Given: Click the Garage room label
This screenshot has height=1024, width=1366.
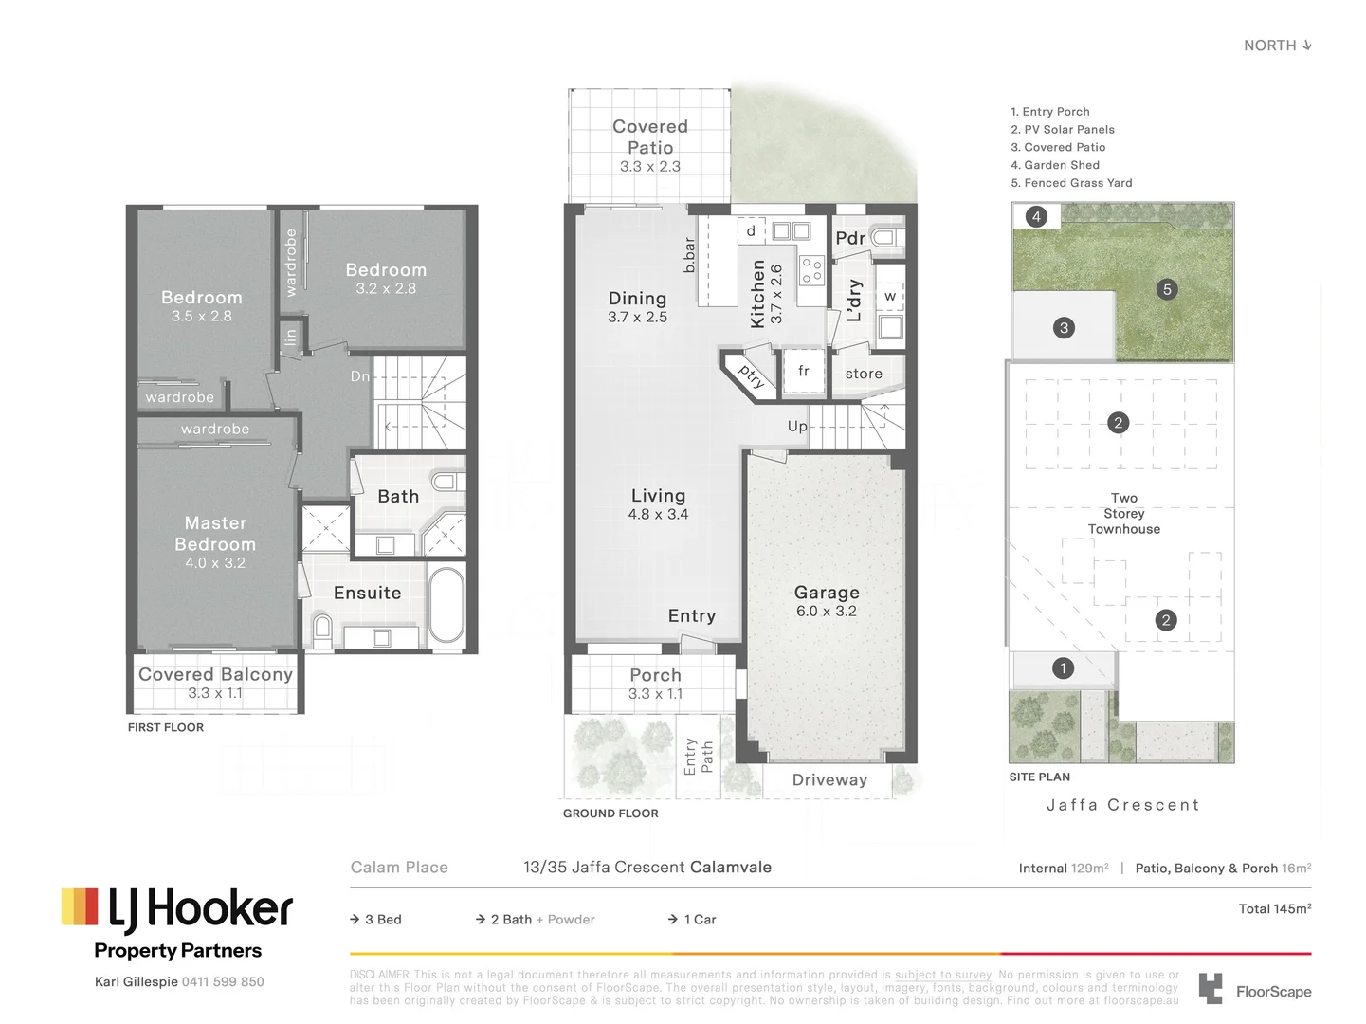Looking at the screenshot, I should pos(827,593).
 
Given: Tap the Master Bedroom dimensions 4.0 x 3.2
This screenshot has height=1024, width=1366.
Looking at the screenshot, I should pos(215,563).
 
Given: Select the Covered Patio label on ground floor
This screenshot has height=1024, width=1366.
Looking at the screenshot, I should pos(650,137).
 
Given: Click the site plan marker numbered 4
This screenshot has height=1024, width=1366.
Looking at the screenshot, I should pos(1036,216).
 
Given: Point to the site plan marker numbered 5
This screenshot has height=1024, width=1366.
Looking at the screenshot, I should pos(1167,289).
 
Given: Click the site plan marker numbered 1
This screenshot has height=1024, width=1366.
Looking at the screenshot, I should pos(1063,668).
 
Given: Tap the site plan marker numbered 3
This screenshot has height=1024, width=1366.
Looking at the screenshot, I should pos(1064,328).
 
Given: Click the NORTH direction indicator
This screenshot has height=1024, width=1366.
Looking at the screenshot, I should pos(1277,46).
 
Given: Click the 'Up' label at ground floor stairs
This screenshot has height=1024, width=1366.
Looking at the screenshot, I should pos(797,427).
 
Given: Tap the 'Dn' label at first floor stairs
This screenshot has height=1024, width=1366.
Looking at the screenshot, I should pos(360,376).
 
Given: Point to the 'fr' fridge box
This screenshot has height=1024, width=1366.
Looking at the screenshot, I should pos(804,372).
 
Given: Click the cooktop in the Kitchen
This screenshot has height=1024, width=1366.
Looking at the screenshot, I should pos(811,270).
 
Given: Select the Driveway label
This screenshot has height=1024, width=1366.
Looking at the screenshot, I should pos(829,780).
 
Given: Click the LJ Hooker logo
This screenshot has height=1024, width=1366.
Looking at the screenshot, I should pos(177,908).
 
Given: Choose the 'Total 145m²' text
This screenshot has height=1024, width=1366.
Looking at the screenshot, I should pos(1274,908).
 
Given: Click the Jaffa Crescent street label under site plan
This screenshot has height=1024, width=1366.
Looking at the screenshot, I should pos(1122,805).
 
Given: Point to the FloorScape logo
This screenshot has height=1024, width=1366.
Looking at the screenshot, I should pos(1255,990).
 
